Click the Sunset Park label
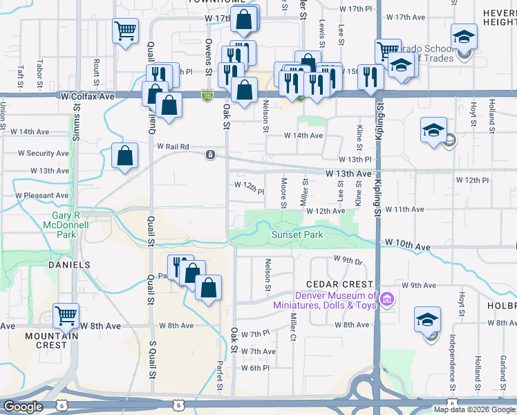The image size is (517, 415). pos(297,234)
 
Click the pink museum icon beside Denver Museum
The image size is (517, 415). pos(386,299)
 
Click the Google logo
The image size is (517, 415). pos(23,407)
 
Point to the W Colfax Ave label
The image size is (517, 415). pos(87,97)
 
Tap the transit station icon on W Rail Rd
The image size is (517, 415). pos(209,155)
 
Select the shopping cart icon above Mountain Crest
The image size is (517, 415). pos(66,315)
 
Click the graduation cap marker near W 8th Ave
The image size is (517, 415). pos(427,320)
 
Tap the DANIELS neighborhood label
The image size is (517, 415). pos(69,265)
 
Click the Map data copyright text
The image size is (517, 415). pos(473,409)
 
